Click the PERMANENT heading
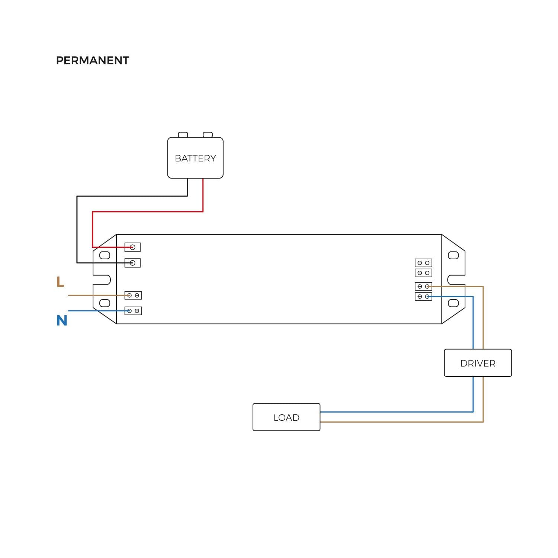pos(92,60)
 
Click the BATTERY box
pos(195,158)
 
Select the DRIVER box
pos(478,363)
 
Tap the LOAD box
pos(286,417)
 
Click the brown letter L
pos(60,282)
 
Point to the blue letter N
pos(62,321)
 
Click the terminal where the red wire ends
pos(132,247)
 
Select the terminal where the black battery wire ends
pos(132,263)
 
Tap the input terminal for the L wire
pos(133,295)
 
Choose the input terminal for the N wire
pos(133,311)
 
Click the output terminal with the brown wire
pos(423,286)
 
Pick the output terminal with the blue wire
pos(423,296)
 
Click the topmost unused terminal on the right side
pos(423,263)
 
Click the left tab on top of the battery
pos(183,135)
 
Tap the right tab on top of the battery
pos(208,135)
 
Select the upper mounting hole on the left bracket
pos(105,255)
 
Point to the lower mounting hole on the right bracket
pos(453,303)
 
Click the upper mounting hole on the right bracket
pos(453,255)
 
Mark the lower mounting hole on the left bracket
pos(105,303)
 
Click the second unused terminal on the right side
pos(423,273)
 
